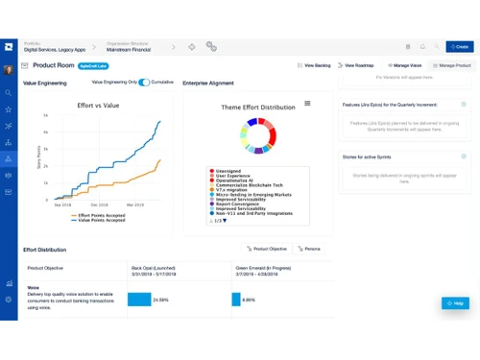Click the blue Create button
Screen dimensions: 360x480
tap(458, 46)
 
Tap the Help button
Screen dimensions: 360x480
tap(455, 303)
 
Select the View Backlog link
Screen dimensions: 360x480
tap(314, 65)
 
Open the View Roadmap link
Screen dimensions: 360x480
tap(356, 65)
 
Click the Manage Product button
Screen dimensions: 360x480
tap(451, 65)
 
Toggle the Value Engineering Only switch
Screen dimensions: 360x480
tap(144, 83)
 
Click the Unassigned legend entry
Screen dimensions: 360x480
tap(228, 171)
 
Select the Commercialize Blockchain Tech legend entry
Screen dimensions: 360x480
tap(248, 185)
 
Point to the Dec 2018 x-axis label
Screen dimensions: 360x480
tap(99, 204)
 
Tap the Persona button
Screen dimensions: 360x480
tap(309, 249)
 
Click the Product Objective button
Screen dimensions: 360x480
tap(268, 249)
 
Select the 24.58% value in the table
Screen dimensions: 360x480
tap(161, 300)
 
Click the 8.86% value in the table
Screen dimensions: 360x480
tap(249, 300)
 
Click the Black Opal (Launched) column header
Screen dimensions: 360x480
tap(153, 268)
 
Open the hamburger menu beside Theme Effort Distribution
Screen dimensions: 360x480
tap(307, 104)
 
